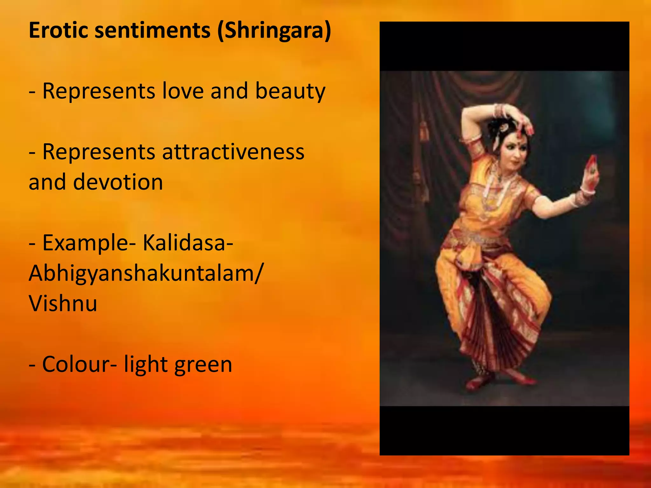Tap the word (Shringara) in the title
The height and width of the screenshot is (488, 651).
tap(274, 31)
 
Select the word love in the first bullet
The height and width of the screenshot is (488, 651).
tap(182, 91)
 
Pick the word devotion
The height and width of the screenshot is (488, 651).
tap(118, 182)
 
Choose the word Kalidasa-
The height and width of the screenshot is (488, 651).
tap(188, 243)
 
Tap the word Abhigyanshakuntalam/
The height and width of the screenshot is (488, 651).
tap(146, 273)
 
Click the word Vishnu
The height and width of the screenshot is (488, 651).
tap(63, 303)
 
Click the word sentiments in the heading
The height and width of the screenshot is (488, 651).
tap(153, 30)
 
